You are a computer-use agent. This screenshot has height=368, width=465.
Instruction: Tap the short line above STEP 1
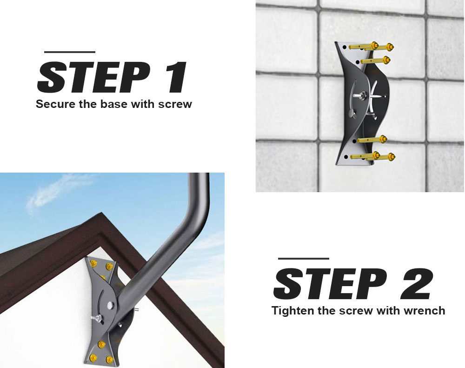point(70,52)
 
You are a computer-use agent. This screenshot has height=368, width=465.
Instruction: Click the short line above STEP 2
point(304,259)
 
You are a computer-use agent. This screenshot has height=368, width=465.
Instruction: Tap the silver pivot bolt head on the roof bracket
point(111,304)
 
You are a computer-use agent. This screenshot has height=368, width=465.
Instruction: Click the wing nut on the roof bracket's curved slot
point(97,319)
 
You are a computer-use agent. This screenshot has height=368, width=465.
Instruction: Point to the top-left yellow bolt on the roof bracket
point(94,263)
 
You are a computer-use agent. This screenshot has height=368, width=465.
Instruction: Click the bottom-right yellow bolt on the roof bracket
point(110,360)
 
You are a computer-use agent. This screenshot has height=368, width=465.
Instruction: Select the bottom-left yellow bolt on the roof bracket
point(93,357)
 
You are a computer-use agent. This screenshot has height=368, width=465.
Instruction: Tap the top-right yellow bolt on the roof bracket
point(109,266)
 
